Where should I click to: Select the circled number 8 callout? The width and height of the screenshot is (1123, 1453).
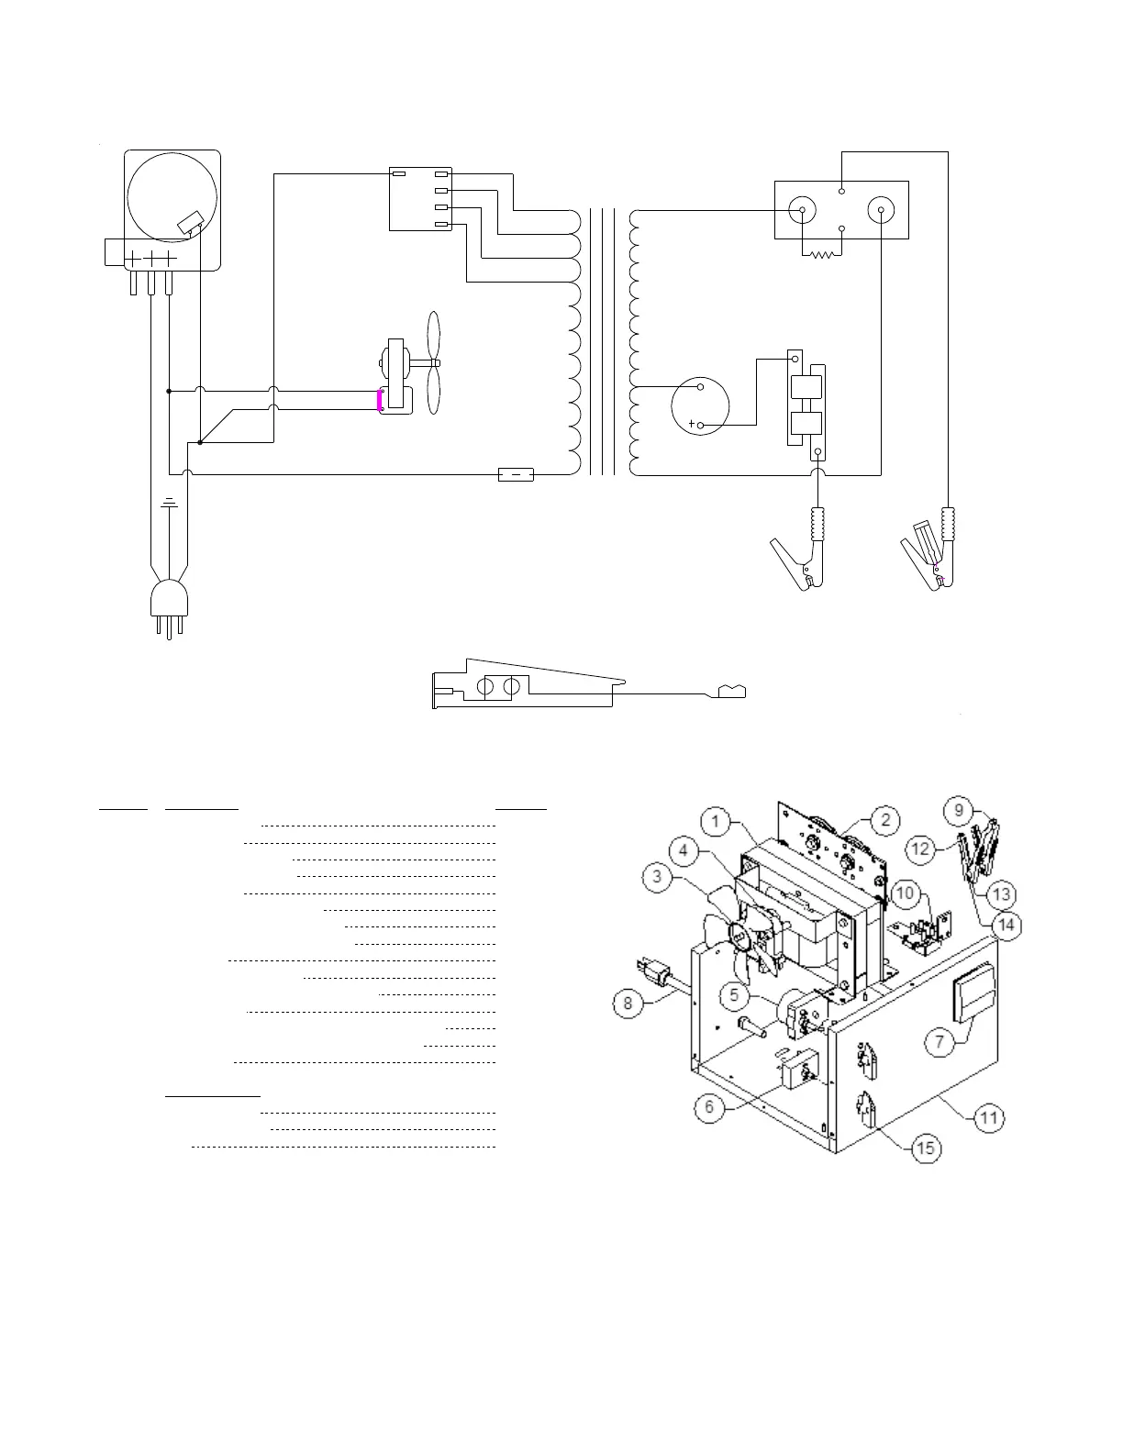click(628, 1003)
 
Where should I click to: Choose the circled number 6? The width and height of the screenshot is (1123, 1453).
click(709, 1107)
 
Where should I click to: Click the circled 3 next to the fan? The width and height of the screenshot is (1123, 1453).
click(658, 876)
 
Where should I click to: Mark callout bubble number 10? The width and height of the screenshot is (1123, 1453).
click(904, 892)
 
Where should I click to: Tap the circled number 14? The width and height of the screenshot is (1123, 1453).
click(1006, 925)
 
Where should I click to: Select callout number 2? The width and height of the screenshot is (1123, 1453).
click(884, 819)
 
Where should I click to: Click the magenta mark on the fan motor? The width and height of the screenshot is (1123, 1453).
click(381, 401)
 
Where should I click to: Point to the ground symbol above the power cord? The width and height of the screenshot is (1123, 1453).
click(169, 503)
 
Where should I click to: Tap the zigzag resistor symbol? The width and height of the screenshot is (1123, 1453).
click(821, 253)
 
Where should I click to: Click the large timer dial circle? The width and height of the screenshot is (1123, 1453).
click(172, 194)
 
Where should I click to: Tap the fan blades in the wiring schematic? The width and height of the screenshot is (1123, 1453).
click(434, 365)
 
